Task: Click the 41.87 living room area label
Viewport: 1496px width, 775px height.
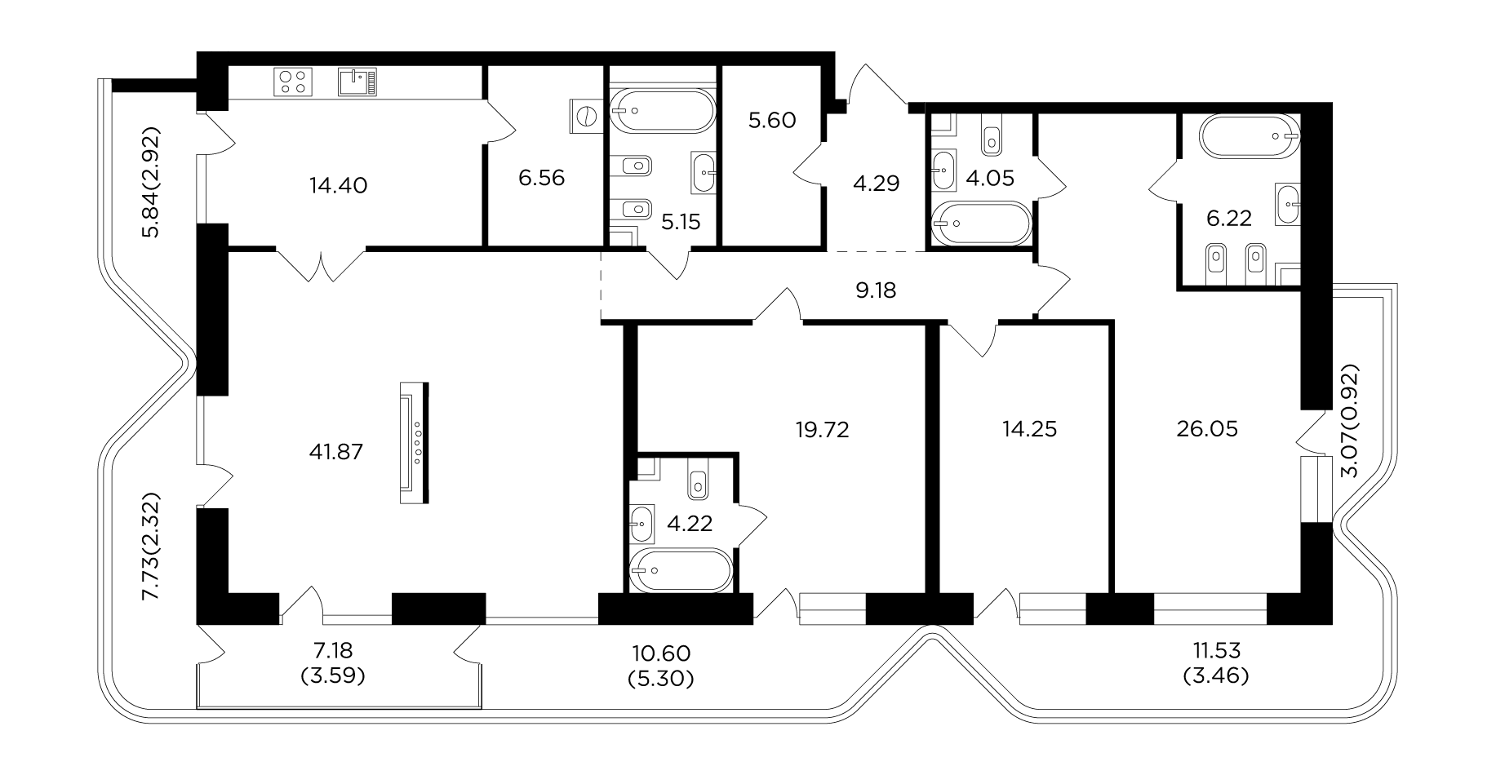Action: (335, 451)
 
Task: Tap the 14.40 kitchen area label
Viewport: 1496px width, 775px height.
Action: (339, 185)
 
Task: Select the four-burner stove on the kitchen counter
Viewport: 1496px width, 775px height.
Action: (294, 82)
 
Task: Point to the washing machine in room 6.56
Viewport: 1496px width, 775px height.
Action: (585, 116)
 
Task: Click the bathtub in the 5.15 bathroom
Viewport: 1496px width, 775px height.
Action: (661, 110)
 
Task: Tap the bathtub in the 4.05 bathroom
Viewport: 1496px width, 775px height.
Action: (979, 223)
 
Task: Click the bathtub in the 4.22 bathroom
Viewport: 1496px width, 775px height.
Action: (682, 570)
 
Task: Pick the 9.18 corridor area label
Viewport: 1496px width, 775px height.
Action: (876, 290)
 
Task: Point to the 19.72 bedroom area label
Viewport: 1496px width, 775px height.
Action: (823, 429)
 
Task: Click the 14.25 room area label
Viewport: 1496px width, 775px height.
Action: (1029, 429)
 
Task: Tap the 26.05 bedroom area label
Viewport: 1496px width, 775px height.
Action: (1207, 429)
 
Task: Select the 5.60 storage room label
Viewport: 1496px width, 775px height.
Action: (772, 121)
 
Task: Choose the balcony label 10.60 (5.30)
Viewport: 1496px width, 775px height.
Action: (662, 665)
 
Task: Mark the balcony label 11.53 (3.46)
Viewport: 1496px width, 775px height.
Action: (1216, 662)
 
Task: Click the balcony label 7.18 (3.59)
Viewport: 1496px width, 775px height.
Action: (332, 663)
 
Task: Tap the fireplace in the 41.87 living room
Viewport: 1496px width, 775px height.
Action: (414, 444)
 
